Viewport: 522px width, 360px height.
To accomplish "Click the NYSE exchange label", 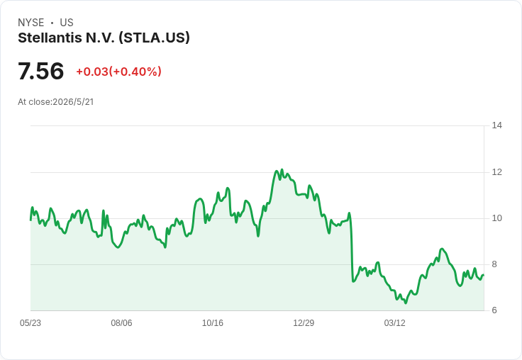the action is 31,23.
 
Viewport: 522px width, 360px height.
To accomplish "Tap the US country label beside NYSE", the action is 67,23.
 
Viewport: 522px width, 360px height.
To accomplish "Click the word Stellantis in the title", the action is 50,38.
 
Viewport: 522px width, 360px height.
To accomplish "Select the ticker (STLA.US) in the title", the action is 154,38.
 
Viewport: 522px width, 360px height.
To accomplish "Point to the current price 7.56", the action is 40,71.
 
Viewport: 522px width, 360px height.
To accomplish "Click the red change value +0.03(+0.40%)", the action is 119,72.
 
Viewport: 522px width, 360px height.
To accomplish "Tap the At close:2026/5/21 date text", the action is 56,102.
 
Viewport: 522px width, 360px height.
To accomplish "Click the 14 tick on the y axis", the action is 496,125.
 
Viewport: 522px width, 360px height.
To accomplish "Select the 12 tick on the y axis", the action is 496,172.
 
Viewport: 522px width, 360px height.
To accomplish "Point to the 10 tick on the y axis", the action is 496,218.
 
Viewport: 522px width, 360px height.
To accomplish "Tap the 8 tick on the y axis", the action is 494,264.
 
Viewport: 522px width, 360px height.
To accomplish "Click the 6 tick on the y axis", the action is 494,310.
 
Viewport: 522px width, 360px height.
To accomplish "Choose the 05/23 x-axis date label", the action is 30,323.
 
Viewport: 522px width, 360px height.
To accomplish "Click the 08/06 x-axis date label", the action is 121,323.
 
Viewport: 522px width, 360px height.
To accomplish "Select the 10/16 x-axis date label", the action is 213,323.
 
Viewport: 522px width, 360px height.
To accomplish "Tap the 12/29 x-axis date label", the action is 304,323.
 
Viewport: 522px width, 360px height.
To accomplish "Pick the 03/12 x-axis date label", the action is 395,323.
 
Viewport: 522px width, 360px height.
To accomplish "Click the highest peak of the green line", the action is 282,169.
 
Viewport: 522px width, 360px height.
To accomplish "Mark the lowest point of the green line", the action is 406,303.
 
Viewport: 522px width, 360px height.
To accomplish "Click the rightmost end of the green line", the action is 484,275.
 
